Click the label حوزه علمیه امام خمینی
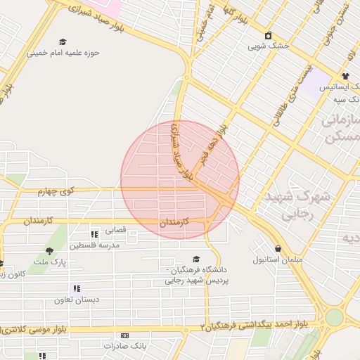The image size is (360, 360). click(x=63, y=53)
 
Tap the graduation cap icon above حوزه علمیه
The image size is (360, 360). click(x=63, y=42)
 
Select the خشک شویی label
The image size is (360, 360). click(x=266, y=46)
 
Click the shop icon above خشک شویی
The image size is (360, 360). click(x=267, y=35)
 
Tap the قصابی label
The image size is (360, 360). click(x=115, y=230)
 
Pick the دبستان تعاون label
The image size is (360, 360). click(x=77, y=300)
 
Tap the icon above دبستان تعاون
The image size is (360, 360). click(x=77, y=288)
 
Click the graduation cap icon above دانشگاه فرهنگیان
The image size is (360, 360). click(x=196, y=259)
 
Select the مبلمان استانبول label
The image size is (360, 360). click(x=278, y=260)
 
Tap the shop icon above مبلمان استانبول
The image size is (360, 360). click(x=279, y=249)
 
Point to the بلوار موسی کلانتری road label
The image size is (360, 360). click(x=35, y=329)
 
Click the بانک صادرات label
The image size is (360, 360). click(x=124, y=347)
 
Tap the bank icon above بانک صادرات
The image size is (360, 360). click(x=124, y=336)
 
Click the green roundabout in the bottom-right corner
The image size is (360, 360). click(x=335, y=318)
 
